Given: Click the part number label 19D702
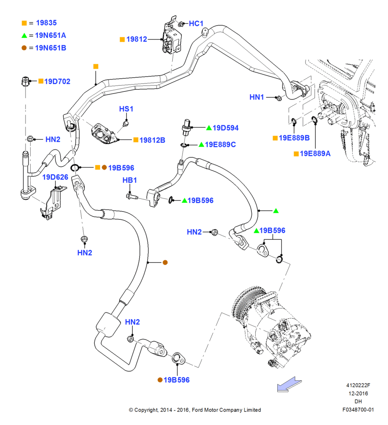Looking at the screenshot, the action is [57, 81].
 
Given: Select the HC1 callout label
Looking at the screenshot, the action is [196, 23].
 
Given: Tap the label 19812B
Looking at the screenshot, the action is [152, 140].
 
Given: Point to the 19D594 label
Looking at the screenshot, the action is [225, 128].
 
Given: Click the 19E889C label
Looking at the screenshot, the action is [220, 144].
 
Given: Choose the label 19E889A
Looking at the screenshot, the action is [315, 154].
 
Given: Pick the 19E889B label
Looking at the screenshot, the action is [294, 138].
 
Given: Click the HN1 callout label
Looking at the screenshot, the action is [257, 97].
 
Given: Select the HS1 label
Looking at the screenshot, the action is [126, 109].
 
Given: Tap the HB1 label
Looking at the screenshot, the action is [130, 180].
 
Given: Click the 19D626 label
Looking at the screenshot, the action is [55, 177].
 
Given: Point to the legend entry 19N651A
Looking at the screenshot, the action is [51, 36].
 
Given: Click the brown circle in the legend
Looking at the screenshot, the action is [24, 48].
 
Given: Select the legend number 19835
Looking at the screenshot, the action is [46, 23].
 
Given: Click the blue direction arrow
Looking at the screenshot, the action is [289, 384].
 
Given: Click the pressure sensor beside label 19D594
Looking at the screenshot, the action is [186, 127].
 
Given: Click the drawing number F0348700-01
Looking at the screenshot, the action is [358, 410].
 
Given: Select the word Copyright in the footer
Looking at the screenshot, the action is [146, 410].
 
